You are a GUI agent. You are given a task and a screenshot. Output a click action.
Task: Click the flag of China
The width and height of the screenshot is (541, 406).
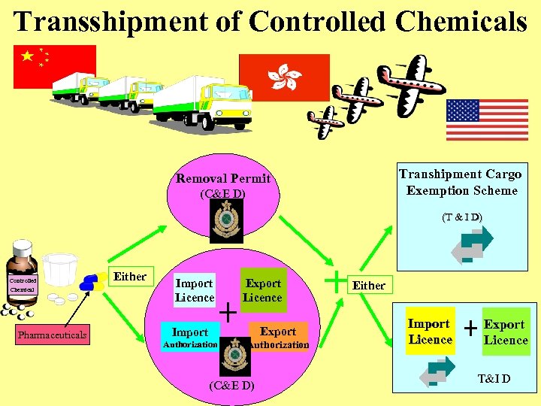point(55,66)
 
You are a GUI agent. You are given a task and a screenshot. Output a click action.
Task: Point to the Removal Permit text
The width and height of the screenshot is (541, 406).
point(223,178)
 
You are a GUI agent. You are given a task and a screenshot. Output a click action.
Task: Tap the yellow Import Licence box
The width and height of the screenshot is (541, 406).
point(428,332)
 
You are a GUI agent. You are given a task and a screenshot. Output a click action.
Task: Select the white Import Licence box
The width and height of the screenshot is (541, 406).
point(195,290)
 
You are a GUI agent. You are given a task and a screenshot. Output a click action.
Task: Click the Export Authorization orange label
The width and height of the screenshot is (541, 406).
point(278,338)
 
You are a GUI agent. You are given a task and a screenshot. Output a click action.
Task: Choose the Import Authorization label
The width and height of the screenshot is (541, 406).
point(190,338)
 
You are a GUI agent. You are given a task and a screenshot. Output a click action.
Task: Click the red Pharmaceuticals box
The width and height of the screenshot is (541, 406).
point(53,335)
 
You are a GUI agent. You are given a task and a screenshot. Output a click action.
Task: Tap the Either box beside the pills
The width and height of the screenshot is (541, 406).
point(129,277)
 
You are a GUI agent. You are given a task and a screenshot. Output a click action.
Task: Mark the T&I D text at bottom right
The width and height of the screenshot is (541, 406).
point(494,378)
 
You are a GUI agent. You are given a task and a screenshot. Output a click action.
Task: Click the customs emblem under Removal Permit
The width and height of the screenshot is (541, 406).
point(225,222)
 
